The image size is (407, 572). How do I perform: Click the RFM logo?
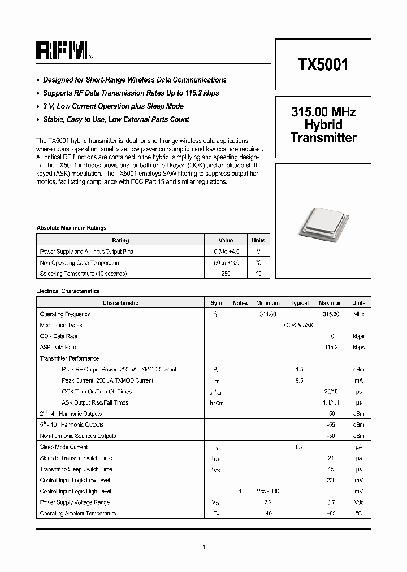pos(62,51)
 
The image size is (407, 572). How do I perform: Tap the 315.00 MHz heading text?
pos(323,112)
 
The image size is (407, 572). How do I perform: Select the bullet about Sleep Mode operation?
pos(113,106)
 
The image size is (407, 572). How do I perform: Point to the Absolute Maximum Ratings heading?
pos(71,228)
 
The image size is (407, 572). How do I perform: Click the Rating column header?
pos(120,240)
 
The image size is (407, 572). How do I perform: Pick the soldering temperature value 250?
pos(226,274)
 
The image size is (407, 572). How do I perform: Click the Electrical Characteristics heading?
pos(68,292)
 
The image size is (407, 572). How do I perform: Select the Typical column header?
pos(299,303)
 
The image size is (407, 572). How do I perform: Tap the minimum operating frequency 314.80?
pos(267,314)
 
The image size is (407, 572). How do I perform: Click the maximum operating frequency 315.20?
pos(331,314)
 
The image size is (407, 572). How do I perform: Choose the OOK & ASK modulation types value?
pos(298,326)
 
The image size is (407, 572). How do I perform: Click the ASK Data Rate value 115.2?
pos(331,348)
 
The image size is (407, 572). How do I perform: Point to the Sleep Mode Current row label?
pos(64,447)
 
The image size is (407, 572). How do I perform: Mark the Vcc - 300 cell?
pos(267,492)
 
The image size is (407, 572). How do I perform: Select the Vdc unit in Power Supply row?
pos(358,502)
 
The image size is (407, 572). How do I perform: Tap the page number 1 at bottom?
pos(203,547)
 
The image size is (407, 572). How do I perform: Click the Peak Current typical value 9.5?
pos(299,381)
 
